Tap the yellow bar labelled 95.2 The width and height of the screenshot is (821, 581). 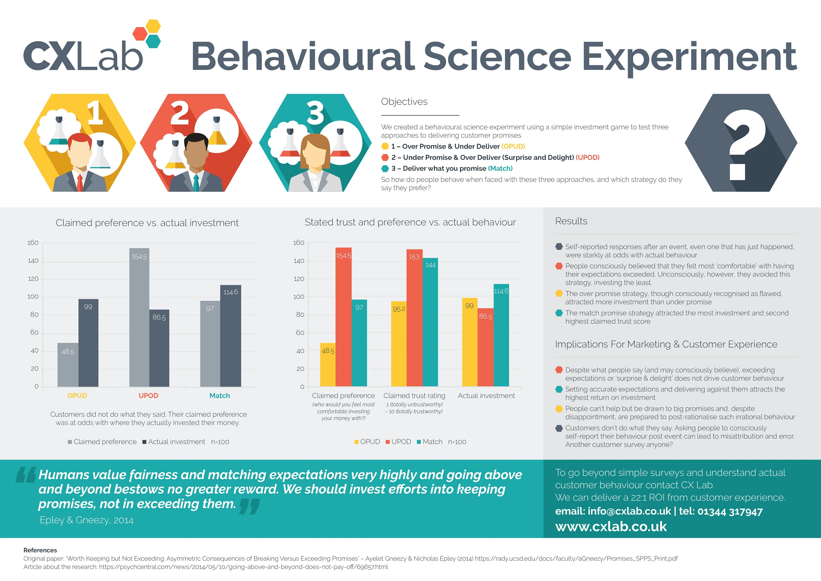399,343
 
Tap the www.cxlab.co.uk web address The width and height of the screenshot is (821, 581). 611,527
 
